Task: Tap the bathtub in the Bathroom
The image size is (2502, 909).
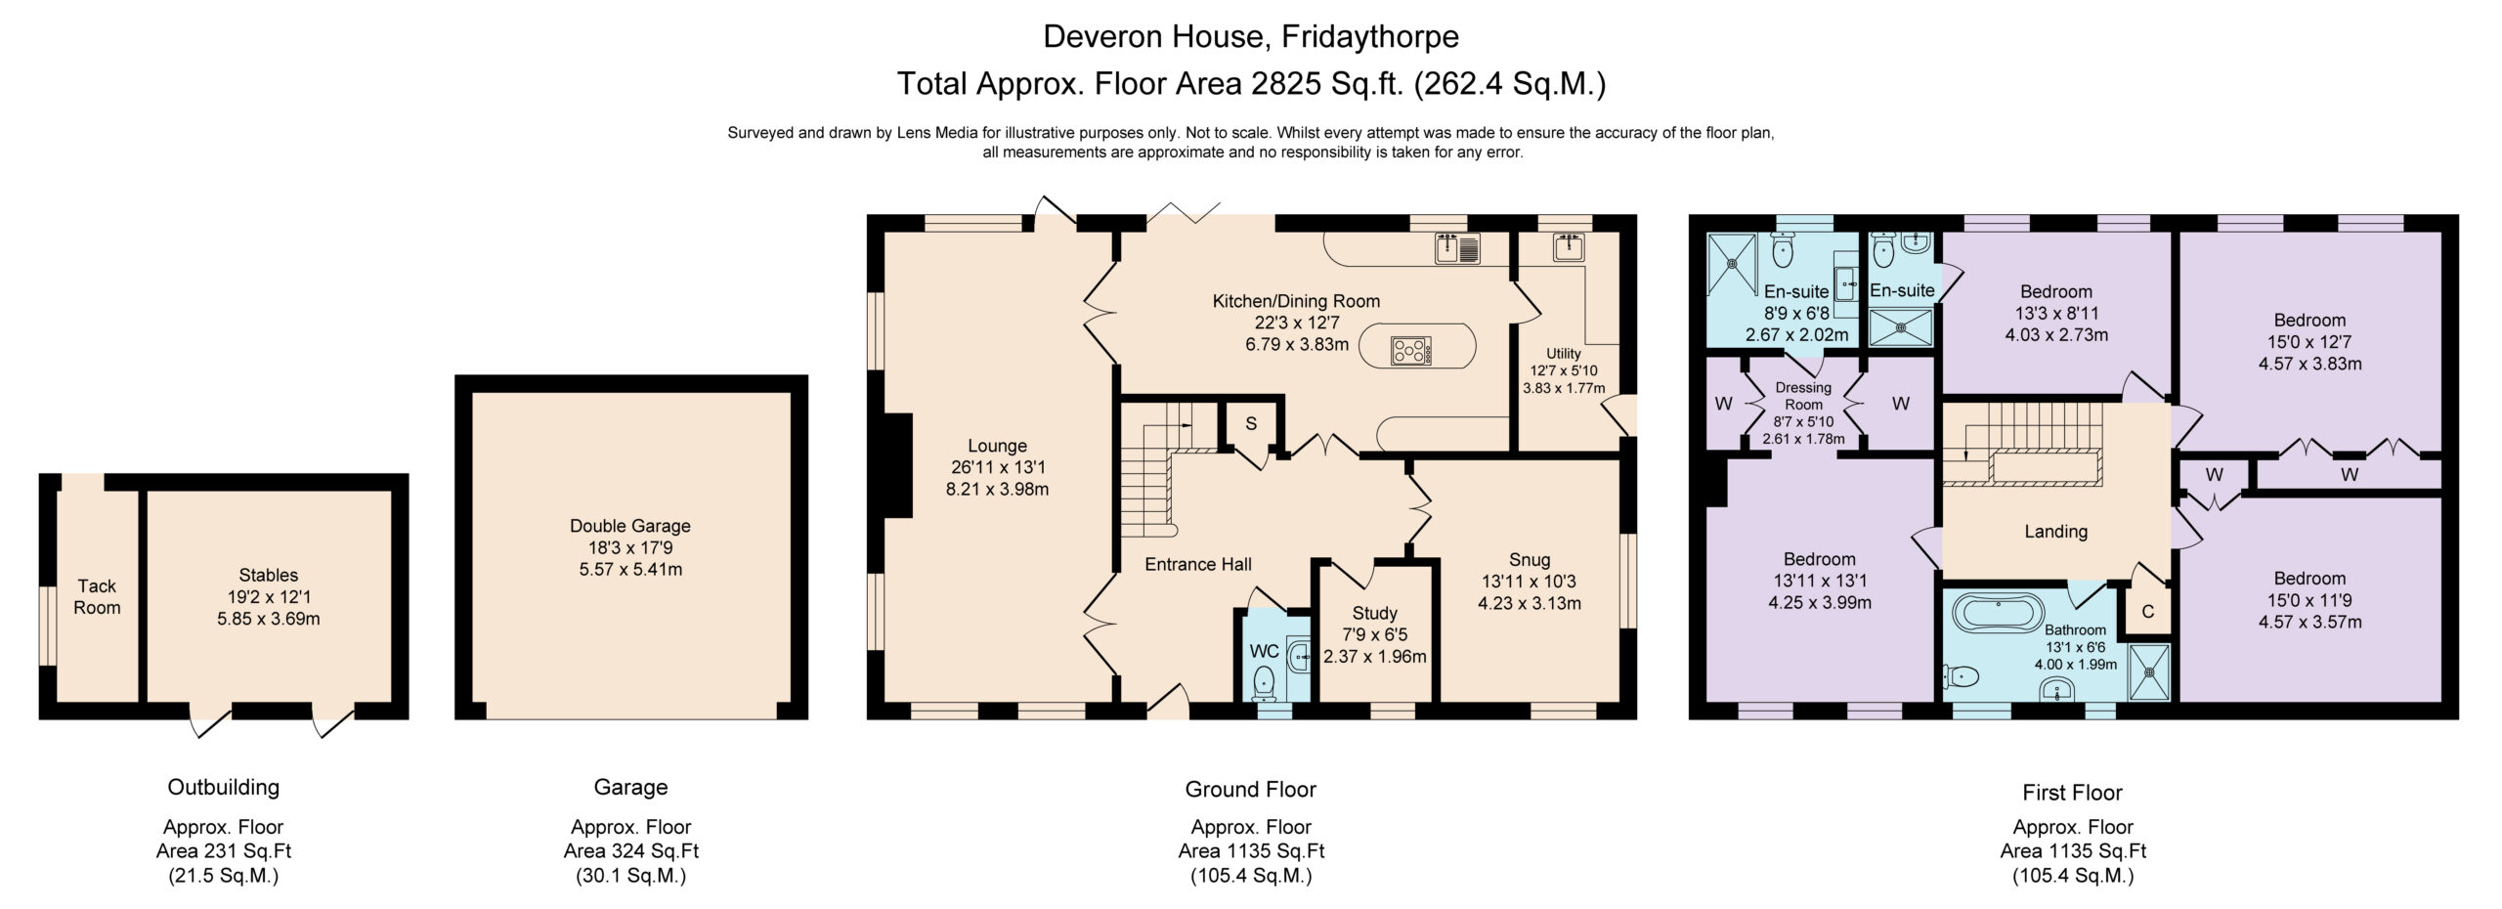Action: pyautogui.click(x=1998, y=612)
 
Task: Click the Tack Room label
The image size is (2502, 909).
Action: pyautogui.click(x=97, y=596)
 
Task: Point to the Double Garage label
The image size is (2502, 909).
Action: pyautogui.click(x=630, y=526)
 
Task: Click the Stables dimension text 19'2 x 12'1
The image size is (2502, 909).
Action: pyautogui.click(x=269, y=596)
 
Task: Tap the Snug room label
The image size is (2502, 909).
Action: pyautogui.click(x=1530, y=559)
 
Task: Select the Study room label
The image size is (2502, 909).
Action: pyautogui.click(x=1374, y=613)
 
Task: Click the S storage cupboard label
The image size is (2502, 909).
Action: pyautogui.click(x=1250, y=424)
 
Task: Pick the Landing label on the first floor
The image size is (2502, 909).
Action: pyautogui.click(x=2055, y=531)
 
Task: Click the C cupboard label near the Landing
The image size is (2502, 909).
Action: pyautogui.click(x=2148, y=613)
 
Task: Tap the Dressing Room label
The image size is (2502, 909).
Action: pyautogui.click(x=1803, y=396)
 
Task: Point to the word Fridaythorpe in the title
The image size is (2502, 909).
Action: pyautogui.click(x=1369, y=36)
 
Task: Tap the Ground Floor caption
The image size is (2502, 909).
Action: pyautogui.click(x=1250, y=789)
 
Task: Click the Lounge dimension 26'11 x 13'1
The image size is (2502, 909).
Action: pyautogui.click(x=997, y=467)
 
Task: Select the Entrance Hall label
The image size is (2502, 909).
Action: pyautogui.click(x=1198, y=564)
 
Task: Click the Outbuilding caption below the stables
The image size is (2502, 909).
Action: pyautogui.click(x=223, y=788)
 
